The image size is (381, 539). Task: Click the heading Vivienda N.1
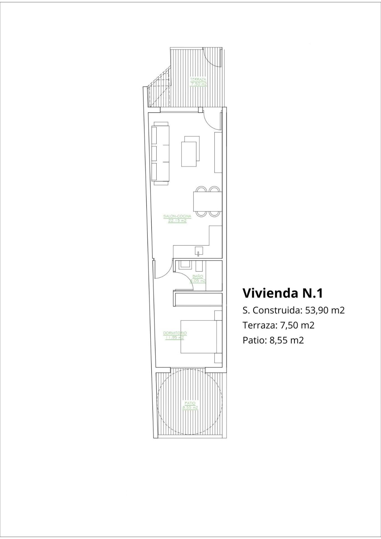click(x=282, y=293)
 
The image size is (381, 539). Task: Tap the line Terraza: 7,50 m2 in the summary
click(x=278, y=325)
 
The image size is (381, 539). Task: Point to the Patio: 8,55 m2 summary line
click(x=273, y=340)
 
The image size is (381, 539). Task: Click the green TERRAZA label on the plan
click(x=198, y=79)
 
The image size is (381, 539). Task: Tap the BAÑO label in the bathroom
click(x=198, y=277)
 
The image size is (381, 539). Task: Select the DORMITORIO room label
click(x=175, y=333)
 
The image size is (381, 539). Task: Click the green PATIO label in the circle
click(x=190, y=403)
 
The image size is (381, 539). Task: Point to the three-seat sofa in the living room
click(x=161, y=153)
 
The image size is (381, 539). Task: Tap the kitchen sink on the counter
click(x=199, y=251)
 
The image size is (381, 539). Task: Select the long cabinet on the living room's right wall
click(x=218, y=152)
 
